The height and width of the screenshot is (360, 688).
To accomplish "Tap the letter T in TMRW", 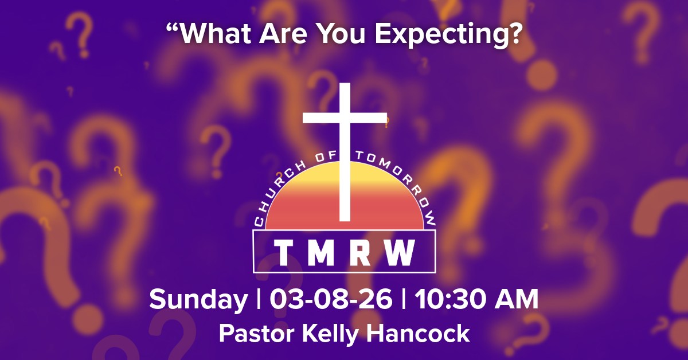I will [x=283, y=252].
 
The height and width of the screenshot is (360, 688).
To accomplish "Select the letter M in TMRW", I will [x=323, y=252].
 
